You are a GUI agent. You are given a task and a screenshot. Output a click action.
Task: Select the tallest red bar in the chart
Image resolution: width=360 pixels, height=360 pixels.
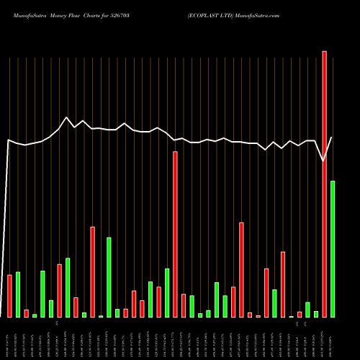[324, 184]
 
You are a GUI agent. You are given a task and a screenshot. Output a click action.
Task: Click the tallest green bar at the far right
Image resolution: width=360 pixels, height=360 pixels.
[333, 248]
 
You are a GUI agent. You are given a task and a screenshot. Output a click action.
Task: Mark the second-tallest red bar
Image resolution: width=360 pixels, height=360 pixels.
[175, 234]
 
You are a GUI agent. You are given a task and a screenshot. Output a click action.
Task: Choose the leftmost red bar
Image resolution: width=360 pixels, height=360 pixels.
[9, 296]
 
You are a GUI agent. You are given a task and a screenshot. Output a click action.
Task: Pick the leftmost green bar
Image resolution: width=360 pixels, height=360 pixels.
[18, 294]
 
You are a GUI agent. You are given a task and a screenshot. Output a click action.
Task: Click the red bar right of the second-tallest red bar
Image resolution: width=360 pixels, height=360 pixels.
[184, 305]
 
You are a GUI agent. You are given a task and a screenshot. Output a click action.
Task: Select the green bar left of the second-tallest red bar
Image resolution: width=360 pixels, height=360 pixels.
[167, 292]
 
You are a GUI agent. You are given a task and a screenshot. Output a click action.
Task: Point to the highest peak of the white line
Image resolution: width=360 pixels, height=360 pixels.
[66, 117]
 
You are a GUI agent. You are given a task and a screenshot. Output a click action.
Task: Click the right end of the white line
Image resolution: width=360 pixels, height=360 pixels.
[332, 138]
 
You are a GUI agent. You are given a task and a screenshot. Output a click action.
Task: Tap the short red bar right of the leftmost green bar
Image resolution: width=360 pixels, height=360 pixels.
[27, 313]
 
